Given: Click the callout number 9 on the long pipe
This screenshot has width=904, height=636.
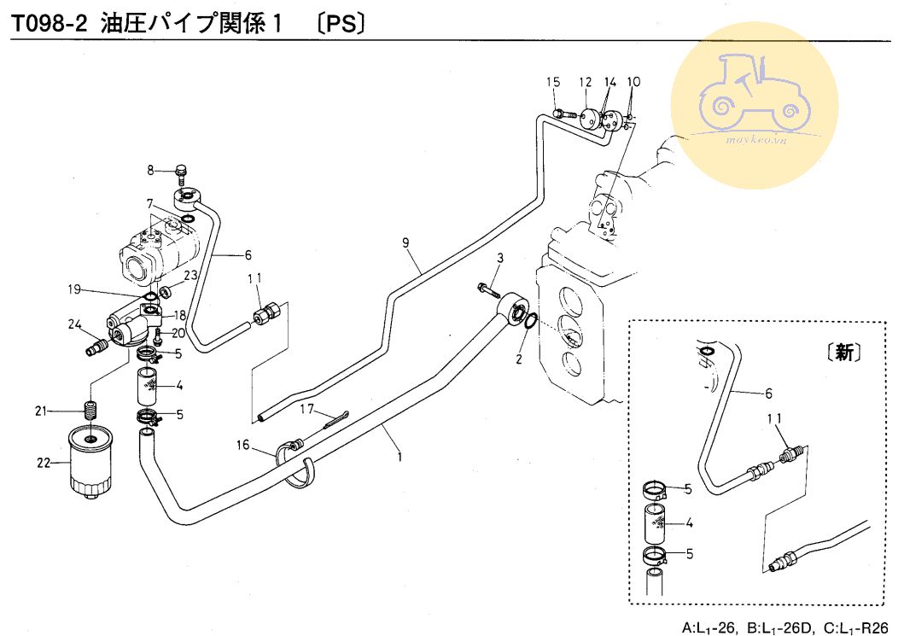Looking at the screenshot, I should [x=407, y=243].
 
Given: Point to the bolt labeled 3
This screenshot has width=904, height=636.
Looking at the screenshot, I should [x=489, y=289].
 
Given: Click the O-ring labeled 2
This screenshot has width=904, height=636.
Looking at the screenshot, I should [x=528, y=323].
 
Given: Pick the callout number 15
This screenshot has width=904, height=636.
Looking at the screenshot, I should [x=553, y=82].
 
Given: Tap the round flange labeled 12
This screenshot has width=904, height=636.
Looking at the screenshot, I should [x=589, y=118].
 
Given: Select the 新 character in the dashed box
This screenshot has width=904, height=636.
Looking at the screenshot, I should [x=844, y=353].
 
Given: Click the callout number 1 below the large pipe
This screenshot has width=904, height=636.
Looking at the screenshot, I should [x=399, y=456].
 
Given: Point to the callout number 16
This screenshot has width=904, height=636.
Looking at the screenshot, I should [x=243, y=446].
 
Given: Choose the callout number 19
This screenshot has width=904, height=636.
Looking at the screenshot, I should [x=77, y=290].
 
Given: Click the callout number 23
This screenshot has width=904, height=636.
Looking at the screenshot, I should [x=190, y=275].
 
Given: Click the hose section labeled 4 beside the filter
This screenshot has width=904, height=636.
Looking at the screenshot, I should [x=150, y=388].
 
